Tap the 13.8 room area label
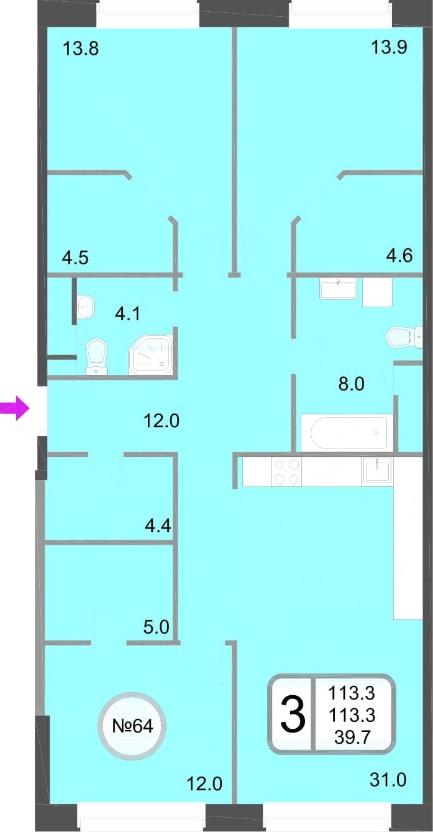point(81,49)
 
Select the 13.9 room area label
point(390,47)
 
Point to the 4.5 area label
point(75,257)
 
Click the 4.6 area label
point(399,256)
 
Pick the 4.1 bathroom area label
point(127,314)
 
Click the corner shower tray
point(150,354)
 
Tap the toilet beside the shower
point(96,356)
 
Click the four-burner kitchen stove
point(286,471)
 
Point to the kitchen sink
point(377,470)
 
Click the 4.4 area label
point(158,525)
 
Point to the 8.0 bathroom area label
point(351,384)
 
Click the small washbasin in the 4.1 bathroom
point(86,307)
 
